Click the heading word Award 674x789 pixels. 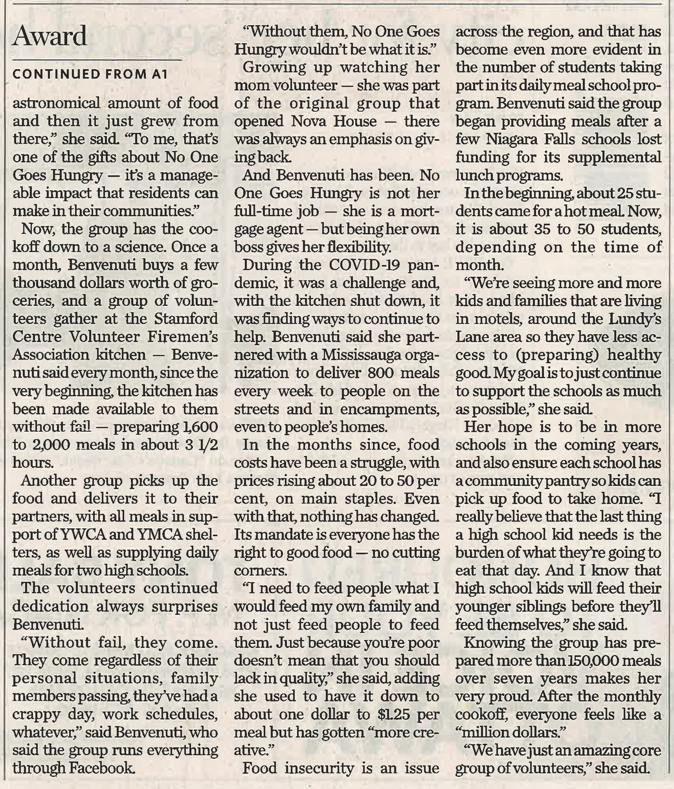click(x=50, y=37)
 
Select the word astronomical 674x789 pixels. click(x=57, y=103)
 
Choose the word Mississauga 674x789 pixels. click(x=361, y=355)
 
